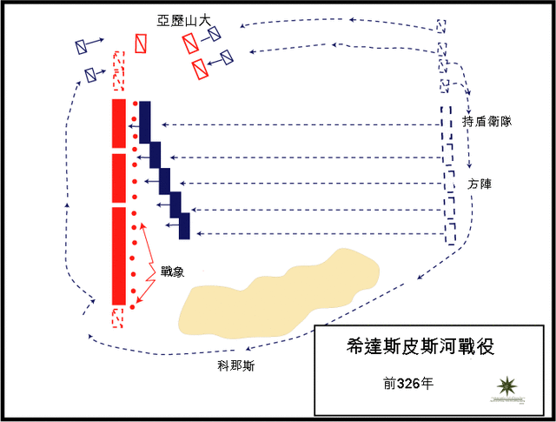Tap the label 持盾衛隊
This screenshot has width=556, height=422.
(486, 123)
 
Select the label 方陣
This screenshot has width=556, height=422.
(479, 184)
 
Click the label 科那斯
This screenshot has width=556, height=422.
(236, 366)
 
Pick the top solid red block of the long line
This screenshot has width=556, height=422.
(119, 124)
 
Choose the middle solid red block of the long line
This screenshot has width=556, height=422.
(119, 178)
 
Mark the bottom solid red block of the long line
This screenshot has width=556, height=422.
(119, 255)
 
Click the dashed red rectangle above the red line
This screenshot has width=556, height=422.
(119, 70)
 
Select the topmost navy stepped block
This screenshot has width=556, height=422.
(144, 122)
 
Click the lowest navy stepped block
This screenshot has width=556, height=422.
(184, 225)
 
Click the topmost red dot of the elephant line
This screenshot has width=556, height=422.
(134, 105)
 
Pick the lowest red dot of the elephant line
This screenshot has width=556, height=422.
(134, 306)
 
